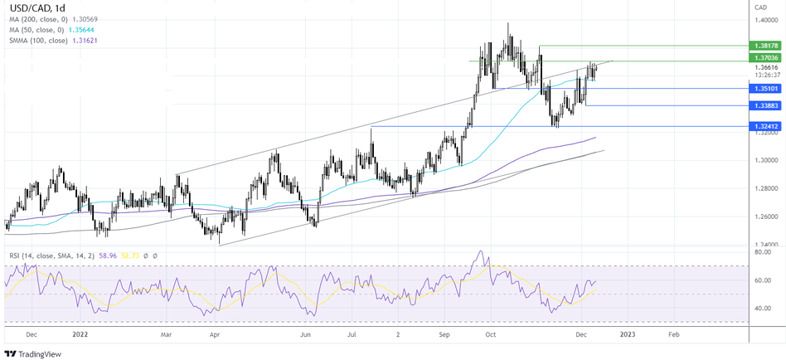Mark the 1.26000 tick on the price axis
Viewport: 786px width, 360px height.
(x=767, y=217)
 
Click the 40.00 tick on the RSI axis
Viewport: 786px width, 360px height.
(x=765, y=309)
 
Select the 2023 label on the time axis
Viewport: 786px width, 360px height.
(x=628, y=335)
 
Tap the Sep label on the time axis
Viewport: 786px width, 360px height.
(x=444, y=335)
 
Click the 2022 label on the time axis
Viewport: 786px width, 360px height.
(x=80, y=335)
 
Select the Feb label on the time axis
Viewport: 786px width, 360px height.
(x=673, y=335)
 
